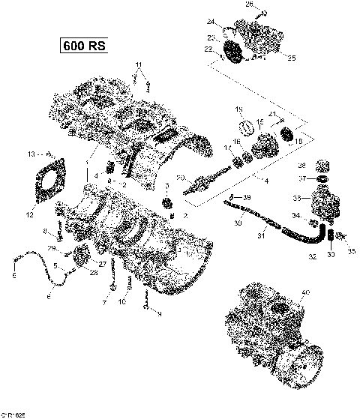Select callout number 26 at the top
coord(250,4)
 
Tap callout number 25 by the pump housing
coord(292,58)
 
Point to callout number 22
coord(208,49)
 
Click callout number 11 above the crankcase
coord(137,64)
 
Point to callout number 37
coord(300,178)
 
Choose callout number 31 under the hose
coord(262,238)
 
